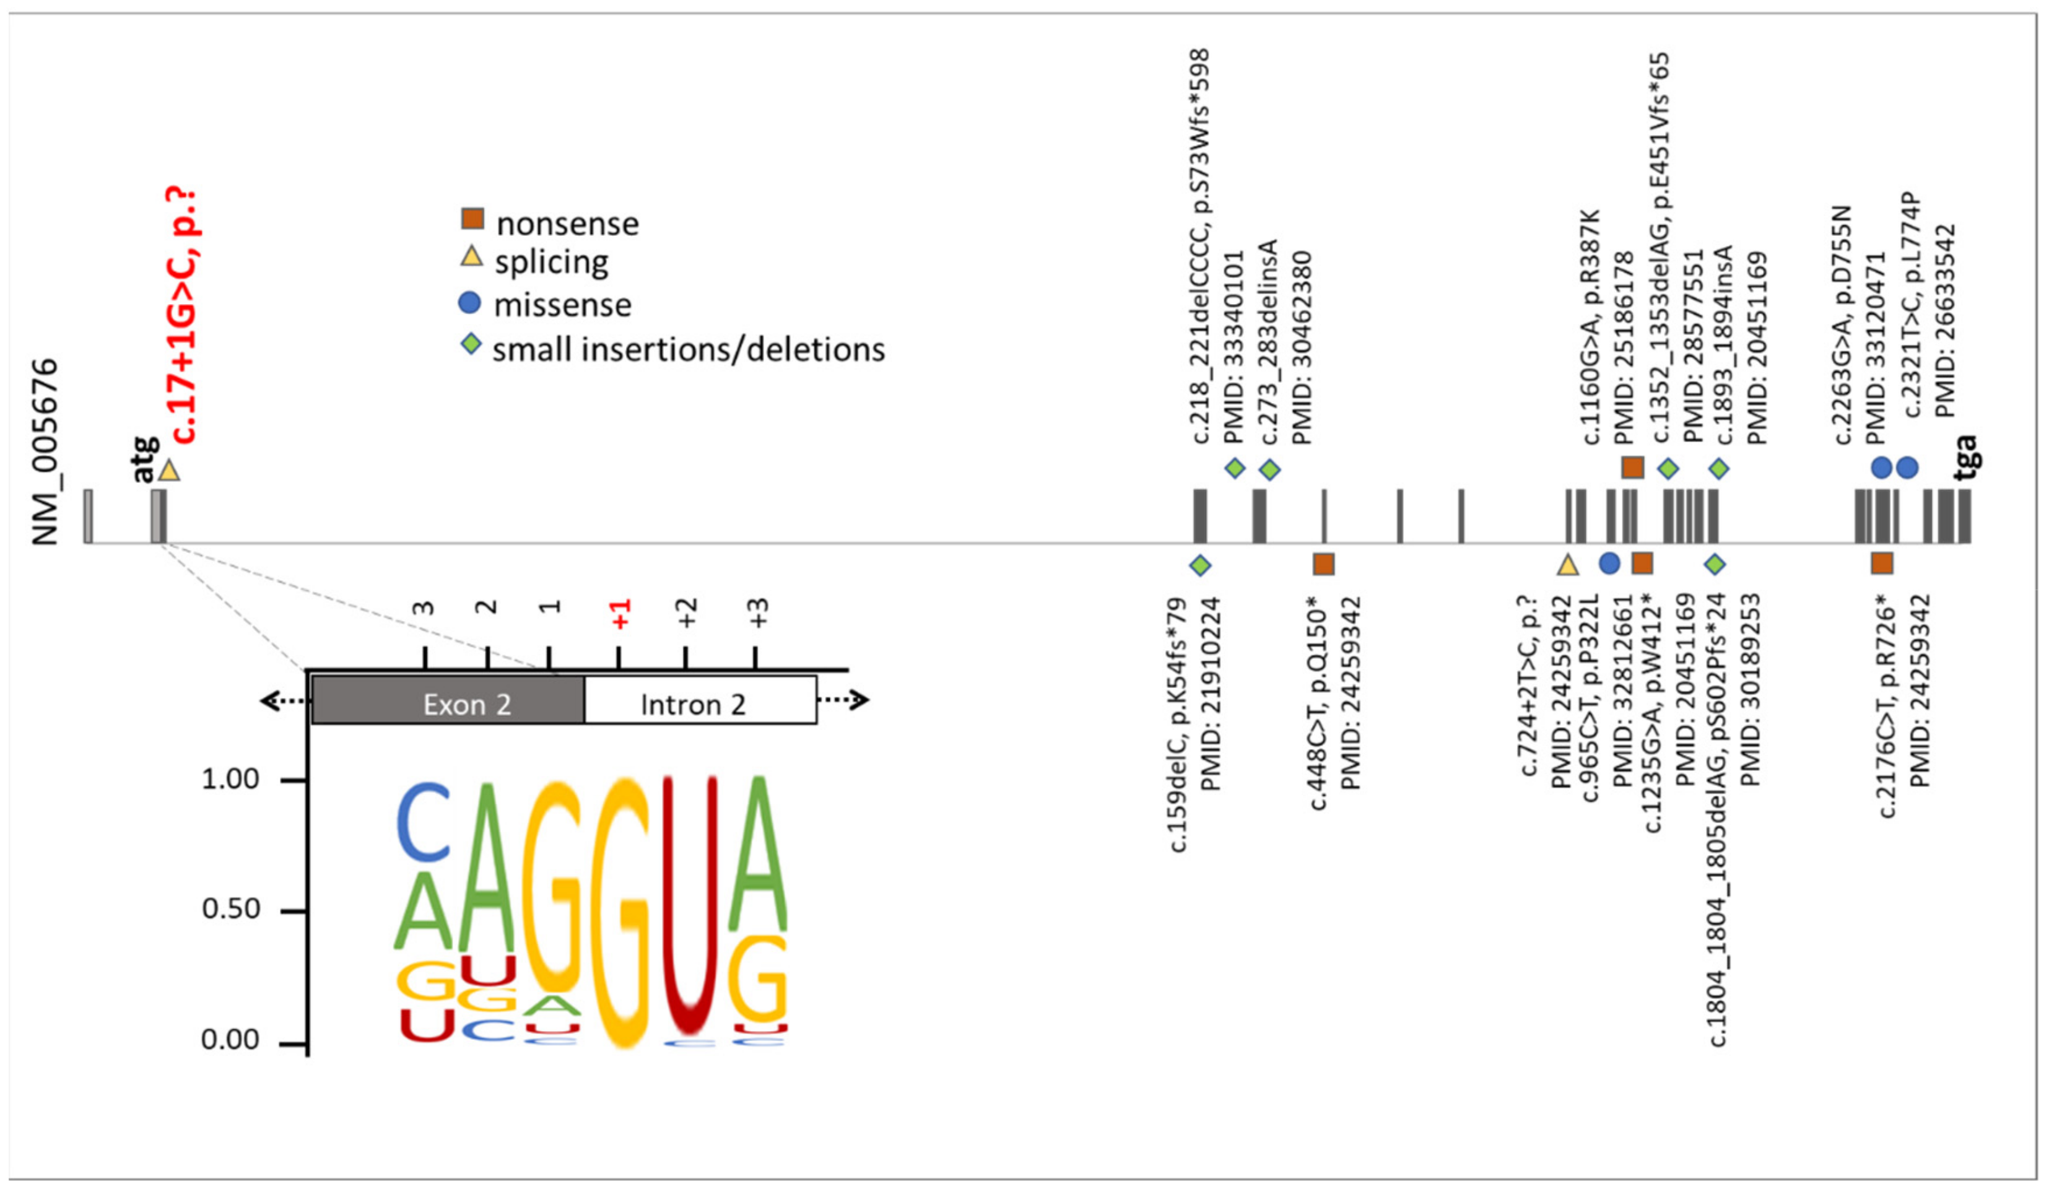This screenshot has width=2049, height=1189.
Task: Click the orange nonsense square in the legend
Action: click(x=472, y=219)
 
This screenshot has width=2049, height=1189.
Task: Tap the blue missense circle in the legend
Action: click(x=470, y=303)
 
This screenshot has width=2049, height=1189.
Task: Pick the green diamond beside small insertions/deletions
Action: click(x=471, y=345)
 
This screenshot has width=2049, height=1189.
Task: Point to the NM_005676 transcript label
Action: click(x=46, y=451)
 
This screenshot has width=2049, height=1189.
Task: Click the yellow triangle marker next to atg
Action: click(x=168, y=471)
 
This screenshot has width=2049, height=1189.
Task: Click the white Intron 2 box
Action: click(x=699, y=701)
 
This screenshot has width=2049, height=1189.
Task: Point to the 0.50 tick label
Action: click(x=230, y=908)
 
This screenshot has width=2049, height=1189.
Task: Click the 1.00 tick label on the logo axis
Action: click(x=230, y=779)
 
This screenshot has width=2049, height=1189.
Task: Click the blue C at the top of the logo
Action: click(x=424, y=823)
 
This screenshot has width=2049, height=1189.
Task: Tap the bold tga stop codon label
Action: click(x=1964, y=457)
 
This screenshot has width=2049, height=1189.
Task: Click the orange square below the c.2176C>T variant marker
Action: click(x=1882, y=563)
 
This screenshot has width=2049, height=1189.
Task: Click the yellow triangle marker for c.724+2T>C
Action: click(x=1568, y=564)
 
